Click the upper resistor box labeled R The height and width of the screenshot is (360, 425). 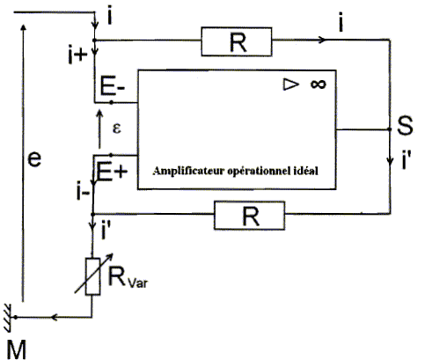coord(237,41)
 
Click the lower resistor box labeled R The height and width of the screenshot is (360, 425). coord(249,216)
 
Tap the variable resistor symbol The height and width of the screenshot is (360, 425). coord(93,276)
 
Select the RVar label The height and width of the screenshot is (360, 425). coord(128,277)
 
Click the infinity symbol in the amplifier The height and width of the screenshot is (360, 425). coord(319,84)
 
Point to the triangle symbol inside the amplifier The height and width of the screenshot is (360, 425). coord(291,84)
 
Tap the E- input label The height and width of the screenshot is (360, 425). coord(113,85)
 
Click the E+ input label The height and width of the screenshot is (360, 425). coord(112,172)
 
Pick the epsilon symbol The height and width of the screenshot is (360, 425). coord(117,129)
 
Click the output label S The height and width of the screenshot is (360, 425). coord(405,125)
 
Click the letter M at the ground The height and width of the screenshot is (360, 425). coord(16,349)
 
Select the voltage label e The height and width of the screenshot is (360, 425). coord(34,159)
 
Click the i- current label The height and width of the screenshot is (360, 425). coord(83,192)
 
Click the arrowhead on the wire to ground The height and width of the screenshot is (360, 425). coord(54,317)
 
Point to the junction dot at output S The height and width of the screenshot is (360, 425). coord(390,129)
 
